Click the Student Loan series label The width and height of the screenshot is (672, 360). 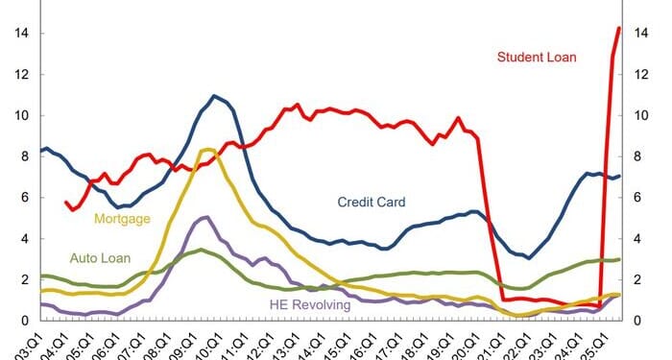point(537,58)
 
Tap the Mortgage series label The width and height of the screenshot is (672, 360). point(122,219)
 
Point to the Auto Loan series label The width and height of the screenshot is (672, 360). point(102,258)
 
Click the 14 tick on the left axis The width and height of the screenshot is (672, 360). point(19,34)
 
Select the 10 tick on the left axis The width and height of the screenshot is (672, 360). point(19,116)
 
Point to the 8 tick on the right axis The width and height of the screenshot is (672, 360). point(636,157)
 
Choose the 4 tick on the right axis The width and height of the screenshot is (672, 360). point(636,239)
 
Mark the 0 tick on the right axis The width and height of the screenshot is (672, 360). point(636,321)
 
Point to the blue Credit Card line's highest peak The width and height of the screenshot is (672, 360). point(214,96)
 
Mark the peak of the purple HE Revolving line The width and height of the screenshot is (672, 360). point(204,217)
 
